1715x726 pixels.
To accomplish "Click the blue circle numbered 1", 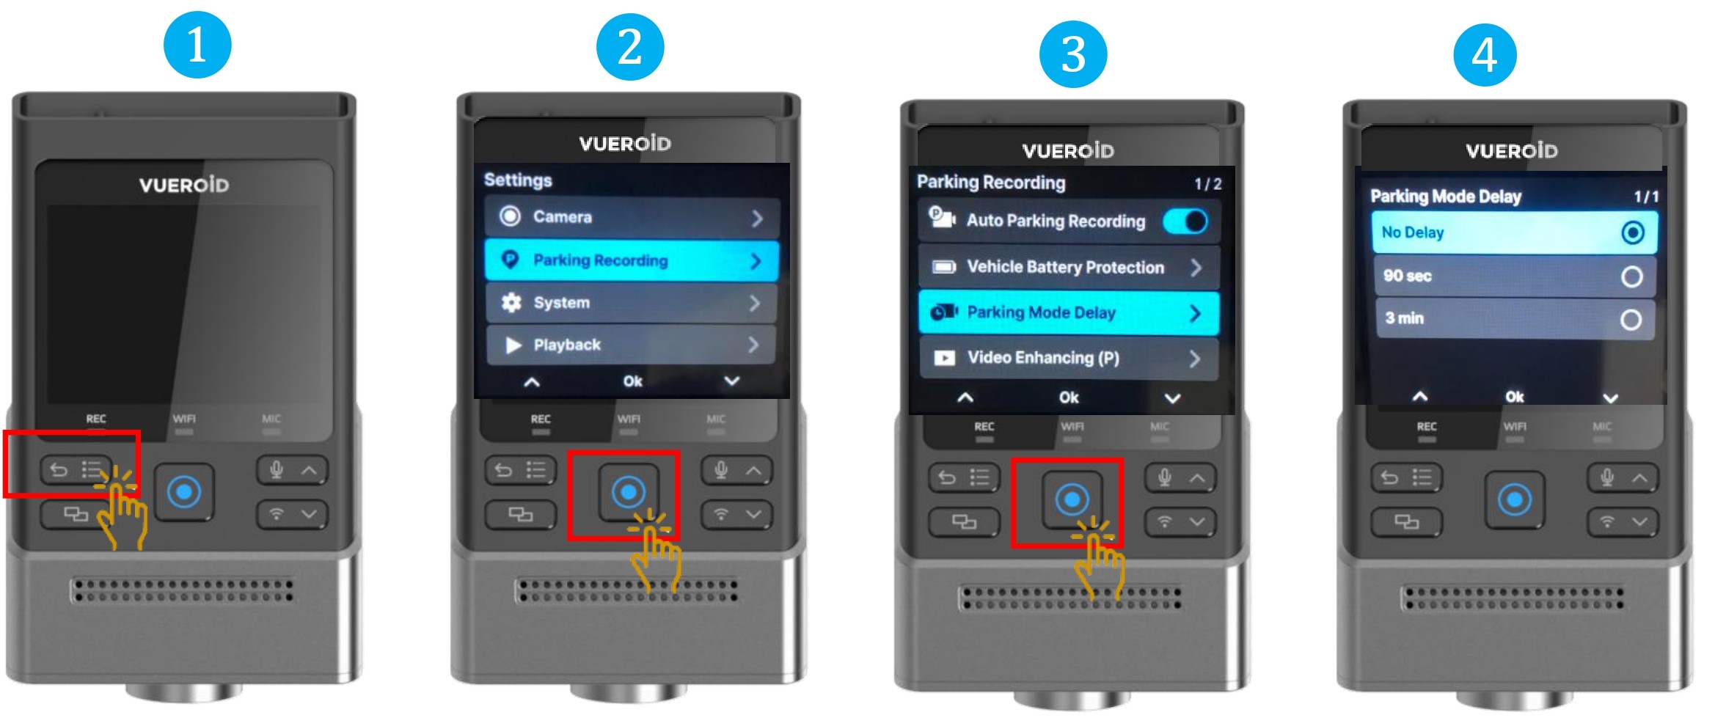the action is [x=197, y=45].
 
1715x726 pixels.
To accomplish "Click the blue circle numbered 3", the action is [x=1073, y=54].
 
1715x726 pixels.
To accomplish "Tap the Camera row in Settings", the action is [x=632, y=217].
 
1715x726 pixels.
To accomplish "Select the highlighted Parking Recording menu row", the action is [x=632, y=260].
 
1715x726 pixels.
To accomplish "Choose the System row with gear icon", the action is [x=632, y=303].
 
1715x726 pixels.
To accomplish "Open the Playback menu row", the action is [x=632, y=345].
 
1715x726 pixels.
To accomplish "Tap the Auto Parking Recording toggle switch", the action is [x=1185, y=221].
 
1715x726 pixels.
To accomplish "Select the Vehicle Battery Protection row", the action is [x=1069, y=267].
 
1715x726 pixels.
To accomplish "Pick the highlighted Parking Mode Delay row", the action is [x=1069, y=312].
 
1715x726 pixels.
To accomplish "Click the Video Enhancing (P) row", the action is [x=1069, y=358].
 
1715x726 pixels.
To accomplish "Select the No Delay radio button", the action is [x=1632, y=232].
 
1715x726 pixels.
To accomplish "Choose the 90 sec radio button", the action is [x=1631, y=276].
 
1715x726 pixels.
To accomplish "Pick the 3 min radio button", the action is [x=1631, y=320].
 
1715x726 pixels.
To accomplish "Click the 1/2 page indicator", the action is [x=1207, y=183].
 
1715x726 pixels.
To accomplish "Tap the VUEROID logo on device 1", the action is [x=184, y=184].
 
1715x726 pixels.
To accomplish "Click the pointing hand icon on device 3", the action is [x=1097, y=557].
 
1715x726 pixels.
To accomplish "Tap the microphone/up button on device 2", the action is [x=736, y=470].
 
